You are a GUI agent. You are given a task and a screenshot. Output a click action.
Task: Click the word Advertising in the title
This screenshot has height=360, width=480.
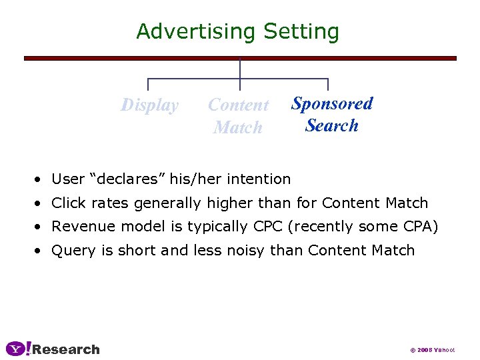196,32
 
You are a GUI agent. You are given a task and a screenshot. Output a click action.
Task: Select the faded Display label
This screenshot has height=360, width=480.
149,105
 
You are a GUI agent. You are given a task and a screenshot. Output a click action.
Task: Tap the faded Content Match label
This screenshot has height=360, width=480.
238,115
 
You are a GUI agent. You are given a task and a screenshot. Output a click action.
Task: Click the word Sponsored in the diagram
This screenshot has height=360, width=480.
332,103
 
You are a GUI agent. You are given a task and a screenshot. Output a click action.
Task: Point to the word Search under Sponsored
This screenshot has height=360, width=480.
332,125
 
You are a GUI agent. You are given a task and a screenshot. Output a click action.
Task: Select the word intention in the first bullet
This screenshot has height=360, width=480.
259,179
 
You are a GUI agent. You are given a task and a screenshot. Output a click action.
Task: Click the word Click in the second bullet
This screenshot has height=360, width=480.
67,203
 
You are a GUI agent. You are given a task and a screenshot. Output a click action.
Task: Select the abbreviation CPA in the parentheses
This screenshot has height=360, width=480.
419,227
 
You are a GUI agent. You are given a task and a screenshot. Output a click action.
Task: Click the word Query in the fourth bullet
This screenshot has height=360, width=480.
69,251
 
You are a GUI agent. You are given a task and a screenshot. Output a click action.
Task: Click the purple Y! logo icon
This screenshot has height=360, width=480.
18,349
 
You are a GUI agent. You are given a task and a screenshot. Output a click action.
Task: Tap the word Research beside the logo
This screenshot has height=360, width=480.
66,349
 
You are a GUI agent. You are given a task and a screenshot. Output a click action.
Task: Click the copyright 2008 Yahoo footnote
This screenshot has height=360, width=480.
432,350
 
